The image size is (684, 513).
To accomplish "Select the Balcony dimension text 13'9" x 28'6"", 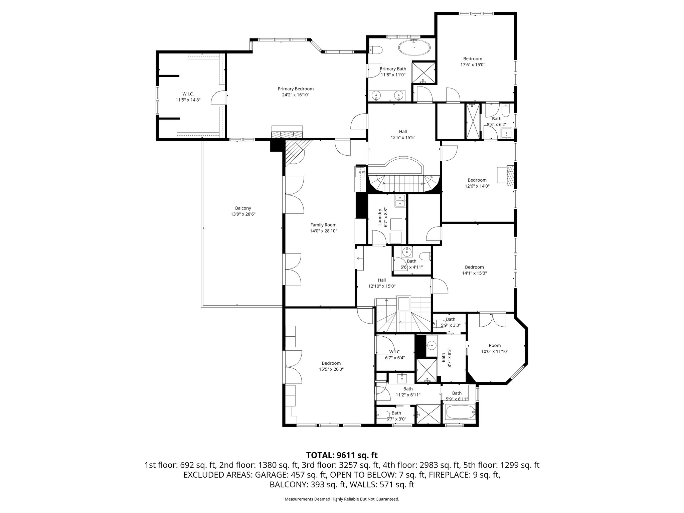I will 243,214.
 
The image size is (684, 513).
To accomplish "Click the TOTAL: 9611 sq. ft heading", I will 342,455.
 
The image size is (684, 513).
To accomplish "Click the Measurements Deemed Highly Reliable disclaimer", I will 342,499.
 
